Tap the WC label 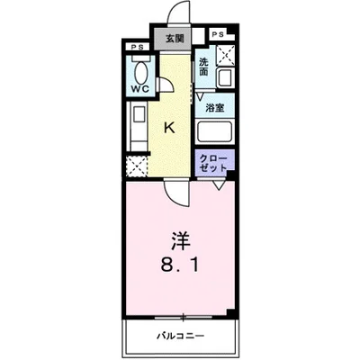(x=139, y=91)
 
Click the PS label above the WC (x=137, y=48)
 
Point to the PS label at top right (x=219, y=34)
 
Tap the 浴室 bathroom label (x=214, y=107)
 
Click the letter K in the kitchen (x=168, y=128)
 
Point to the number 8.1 (x=181, y=265)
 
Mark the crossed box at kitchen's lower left (x=138, y=166)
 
